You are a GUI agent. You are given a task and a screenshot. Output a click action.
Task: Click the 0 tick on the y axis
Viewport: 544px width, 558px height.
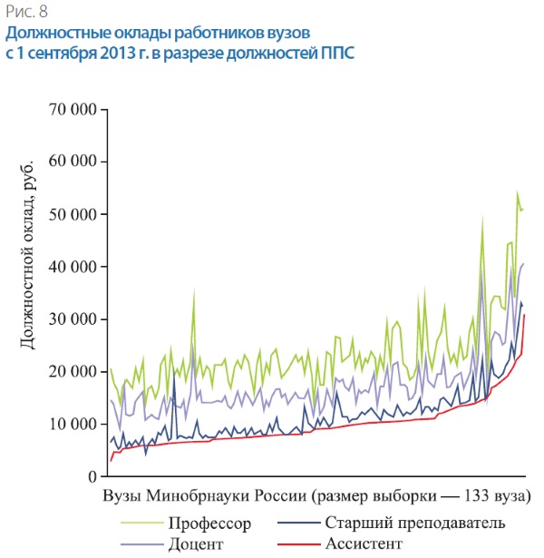tap(92, 476)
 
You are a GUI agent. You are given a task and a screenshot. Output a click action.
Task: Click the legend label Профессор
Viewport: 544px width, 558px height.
tap(209, 524)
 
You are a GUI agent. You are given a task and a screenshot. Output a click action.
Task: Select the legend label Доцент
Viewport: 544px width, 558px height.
tap(195, 543)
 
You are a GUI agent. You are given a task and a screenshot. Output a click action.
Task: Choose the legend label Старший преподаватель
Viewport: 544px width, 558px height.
tap(414, 524)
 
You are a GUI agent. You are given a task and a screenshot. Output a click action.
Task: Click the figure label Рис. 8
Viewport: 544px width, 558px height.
tap(26, 12)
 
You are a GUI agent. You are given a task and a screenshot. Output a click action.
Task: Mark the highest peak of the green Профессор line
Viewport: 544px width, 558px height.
tap(517, 191)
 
